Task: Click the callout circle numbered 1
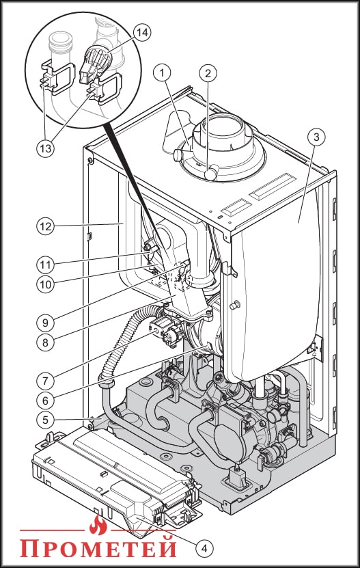(162, 73)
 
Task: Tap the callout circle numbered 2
(208, 73)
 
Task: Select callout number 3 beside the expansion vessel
(316, 137)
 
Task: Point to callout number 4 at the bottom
(204, 548)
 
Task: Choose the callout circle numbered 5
(45, 420)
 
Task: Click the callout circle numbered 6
(45, 401)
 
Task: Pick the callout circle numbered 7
(45, 381)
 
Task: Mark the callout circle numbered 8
(45, 342)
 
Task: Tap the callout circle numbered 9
(45, 323)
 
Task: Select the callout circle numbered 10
(45, 284)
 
